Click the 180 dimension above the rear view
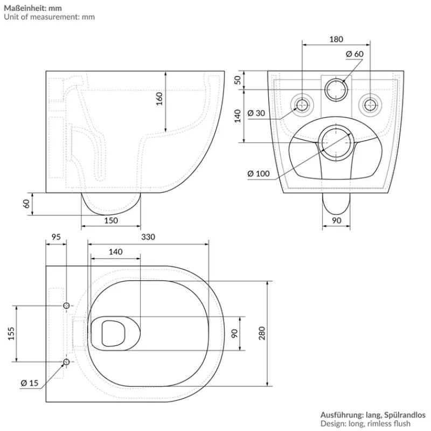click(336, 39)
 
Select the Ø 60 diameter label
click(355, 54)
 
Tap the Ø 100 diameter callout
click(259, 173)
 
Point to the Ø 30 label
click(256, 113)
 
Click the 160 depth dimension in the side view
click(159, 99)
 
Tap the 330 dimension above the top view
click(148, 237)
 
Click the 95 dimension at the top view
click(55, 237)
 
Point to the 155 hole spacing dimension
click(10, 334)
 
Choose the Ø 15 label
click(30, 383)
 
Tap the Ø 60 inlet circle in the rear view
click(336, 89)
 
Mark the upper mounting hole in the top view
click(66, 306)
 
